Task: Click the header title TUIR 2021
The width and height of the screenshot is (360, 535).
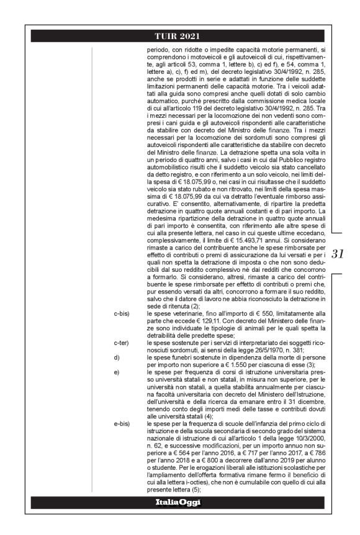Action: click(x=180, y=35)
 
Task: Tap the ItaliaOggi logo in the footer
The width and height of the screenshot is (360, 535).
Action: click(x=180, y=502)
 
